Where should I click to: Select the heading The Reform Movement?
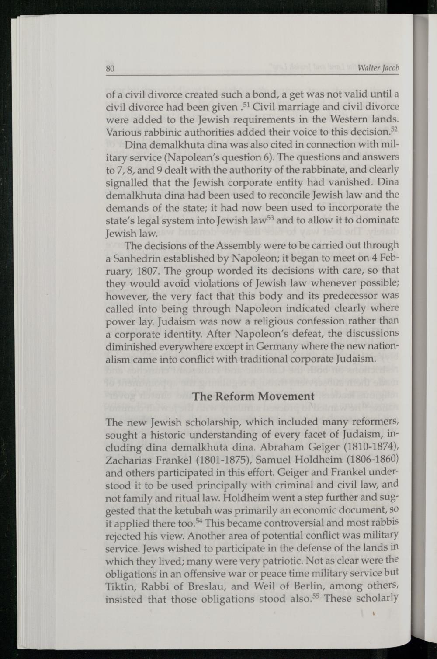(253, 396)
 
